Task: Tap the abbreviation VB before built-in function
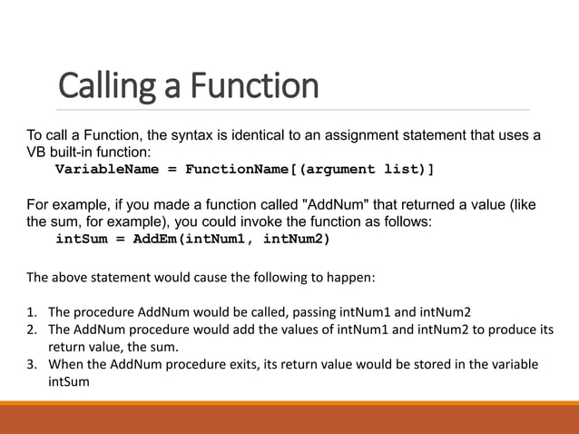click(x=36, y=153)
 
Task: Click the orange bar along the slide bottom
click(x=289, y=419)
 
